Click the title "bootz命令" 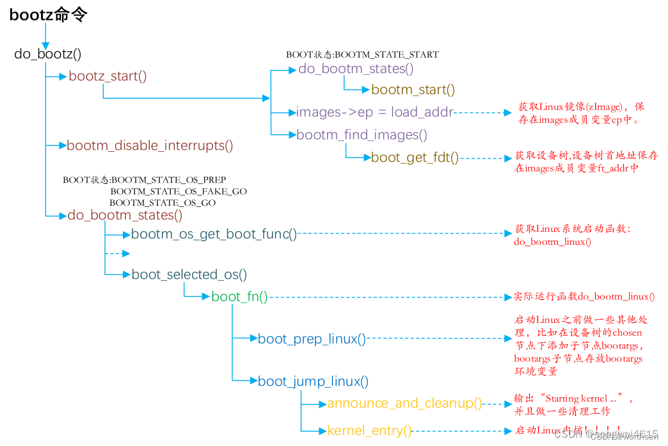click(x=48, y=15)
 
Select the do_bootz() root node click(x=48, y=54)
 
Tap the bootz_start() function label click(x=107, y=76)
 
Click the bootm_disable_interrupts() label click(x=150, y=145)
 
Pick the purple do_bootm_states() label click(x=356, y=69)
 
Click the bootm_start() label click(x=413, y=90)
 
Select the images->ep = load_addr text click(x=374, y=112)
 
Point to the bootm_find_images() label click(x=362, y=135)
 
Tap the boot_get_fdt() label click(x=415, y=157)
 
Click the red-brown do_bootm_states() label click(x=125, y=215)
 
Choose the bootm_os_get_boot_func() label click(x=214, y=235)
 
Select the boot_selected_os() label click(x=189, y=275)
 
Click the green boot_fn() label click(x=239, y=297)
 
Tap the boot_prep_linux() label click(x=312, y=338)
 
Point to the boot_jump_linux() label click(x=313, y=382)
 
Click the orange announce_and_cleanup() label click(x=404, y=404)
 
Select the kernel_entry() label click(x=369, y=431)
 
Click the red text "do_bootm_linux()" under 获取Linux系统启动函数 click(x=552, y=242)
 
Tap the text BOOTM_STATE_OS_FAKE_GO click(x=179, y=192)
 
